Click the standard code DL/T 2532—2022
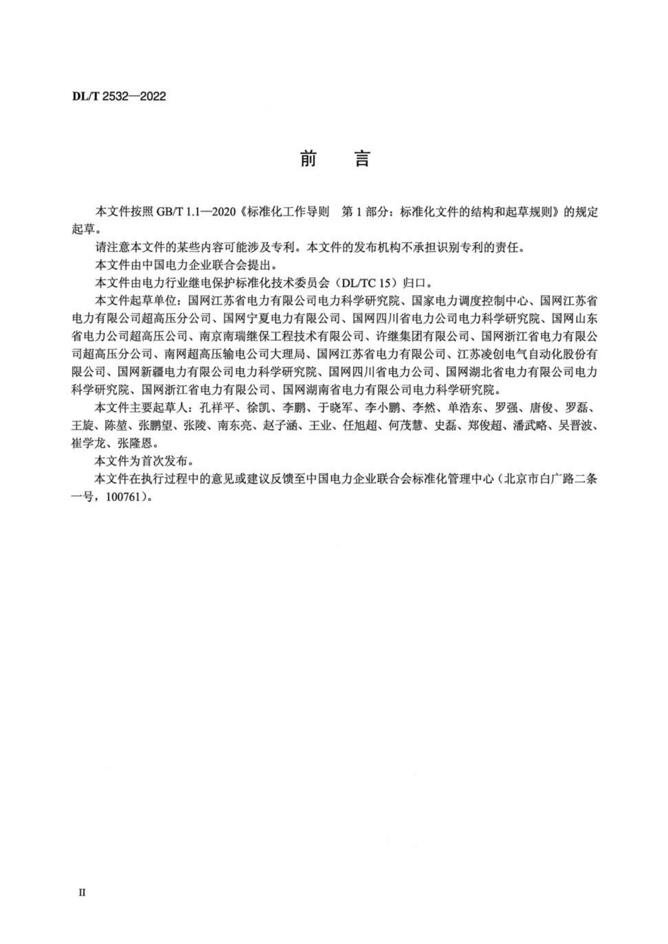(x=119, y=97)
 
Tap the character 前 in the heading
(x=308, y=159)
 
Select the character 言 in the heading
(x=362, y=159)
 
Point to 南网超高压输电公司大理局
(x=235, y=354)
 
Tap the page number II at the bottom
(x=82, y=892)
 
